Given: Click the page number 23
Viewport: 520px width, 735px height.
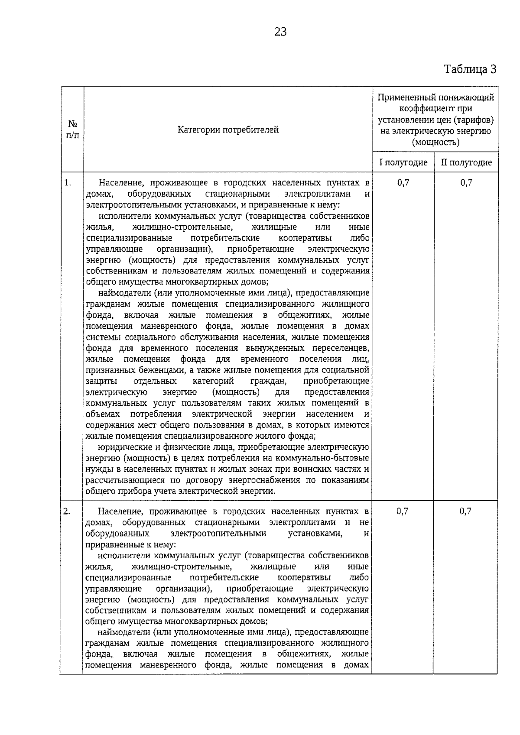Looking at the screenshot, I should point(280,32).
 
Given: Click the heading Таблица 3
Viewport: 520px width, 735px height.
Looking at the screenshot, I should point(470,69).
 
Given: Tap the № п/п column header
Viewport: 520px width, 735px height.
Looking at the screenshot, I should point(72,130).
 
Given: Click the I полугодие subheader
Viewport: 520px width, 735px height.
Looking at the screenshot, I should point(403,162).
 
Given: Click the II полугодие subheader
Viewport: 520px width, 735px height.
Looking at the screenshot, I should point(466,162).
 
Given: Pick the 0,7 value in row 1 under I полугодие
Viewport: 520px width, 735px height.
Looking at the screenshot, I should point(403,183).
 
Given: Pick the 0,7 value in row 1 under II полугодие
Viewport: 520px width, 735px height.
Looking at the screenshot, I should point(466,183).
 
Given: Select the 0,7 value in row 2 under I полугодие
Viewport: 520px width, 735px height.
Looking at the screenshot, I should point(402,512).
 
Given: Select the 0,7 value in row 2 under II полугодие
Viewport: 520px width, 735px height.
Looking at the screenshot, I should point(465,512).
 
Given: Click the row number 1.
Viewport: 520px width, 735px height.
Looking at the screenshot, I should point(68,182).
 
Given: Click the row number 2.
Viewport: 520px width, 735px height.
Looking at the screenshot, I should point(67,512).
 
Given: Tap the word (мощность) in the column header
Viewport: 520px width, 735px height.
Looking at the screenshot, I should point(435,142).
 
